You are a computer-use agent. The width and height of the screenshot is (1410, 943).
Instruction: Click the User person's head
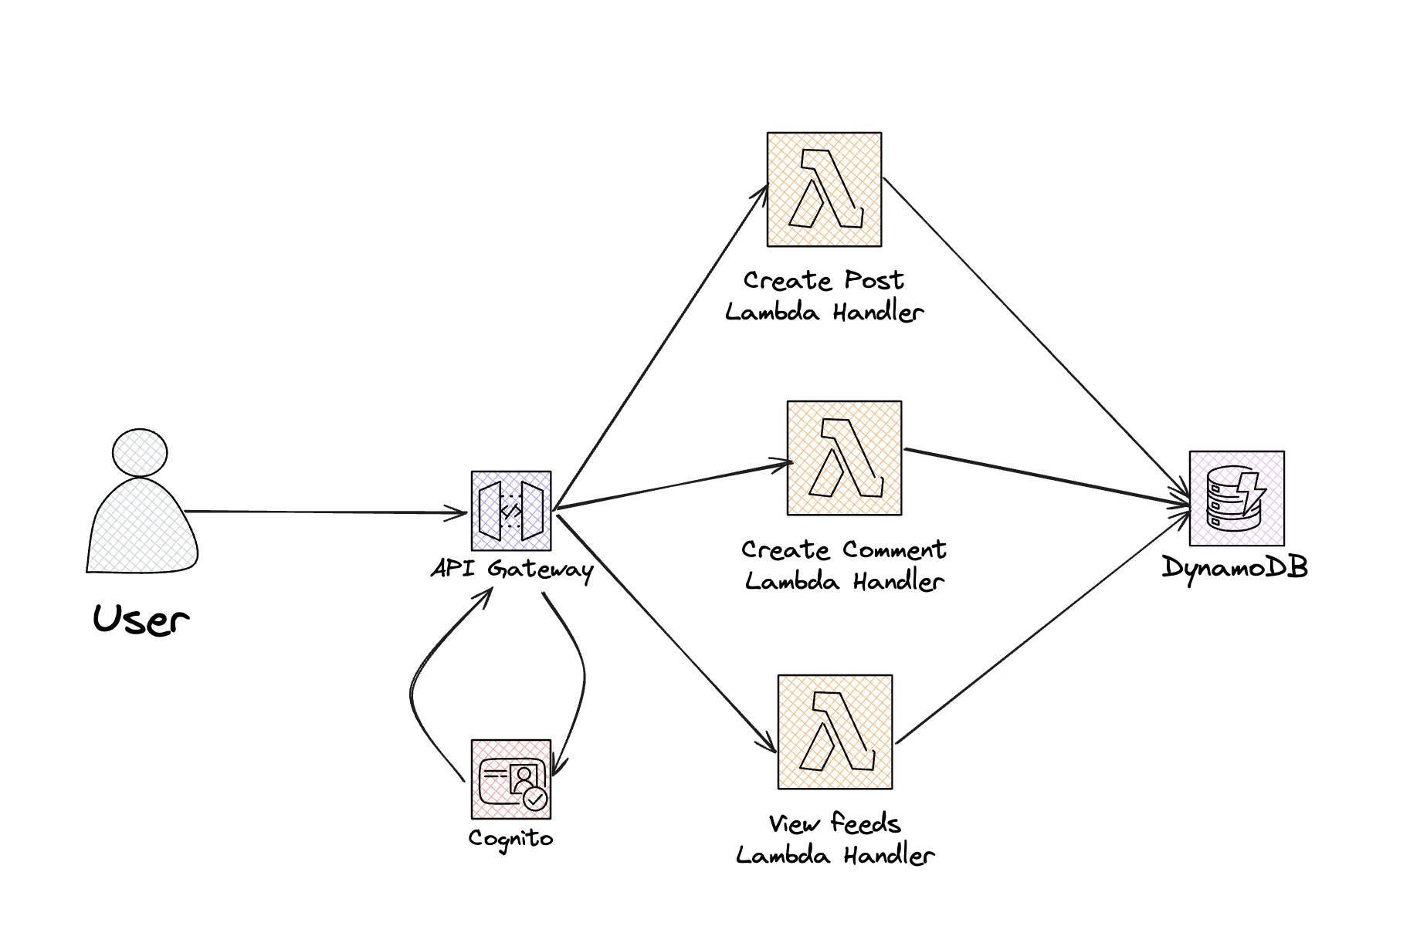pos(140,452)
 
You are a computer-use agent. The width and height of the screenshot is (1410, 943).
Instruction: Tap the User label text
pos(141,619)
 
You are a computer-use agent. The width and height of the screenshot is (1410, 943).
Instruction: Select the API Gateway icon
pos(511,511)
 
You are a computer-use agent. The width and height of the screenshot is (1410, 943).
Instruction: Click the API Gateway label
pos(512,569)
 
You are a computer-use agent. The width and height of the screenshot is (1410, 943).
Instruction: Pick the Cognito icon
pos(511,779)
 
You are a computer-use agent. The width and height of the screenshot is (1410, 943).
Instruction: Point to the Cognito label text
pos(510,838)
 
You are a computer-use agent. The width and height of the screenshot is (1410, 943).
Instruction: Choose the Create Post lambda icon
pos(824,190)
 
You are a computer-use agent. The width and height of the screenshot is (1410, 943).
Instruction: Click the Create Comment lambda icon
pos(844,458)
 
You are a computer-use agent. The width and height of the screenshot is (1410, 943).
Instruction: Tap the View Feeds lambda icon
pos(835,732)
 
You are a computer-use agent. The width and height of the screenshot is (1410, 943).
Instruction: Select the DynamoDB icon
pos(1236,499)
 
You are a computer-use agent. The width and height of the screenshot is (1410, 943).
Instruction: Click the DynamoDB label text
pos(1235,568)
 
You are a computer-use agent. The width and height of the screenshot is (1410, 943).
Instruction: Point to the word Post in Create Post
pos(873,280)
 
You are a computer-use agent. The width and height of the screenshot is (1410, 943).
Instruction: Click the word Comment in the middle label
pos(894,549)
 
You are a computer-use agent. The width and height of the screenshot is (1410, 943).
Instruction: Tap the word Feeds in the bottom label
pos(866,823)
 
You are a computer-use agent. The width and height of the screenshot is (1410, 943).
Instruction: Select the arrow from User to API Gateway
pos(324,512)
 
